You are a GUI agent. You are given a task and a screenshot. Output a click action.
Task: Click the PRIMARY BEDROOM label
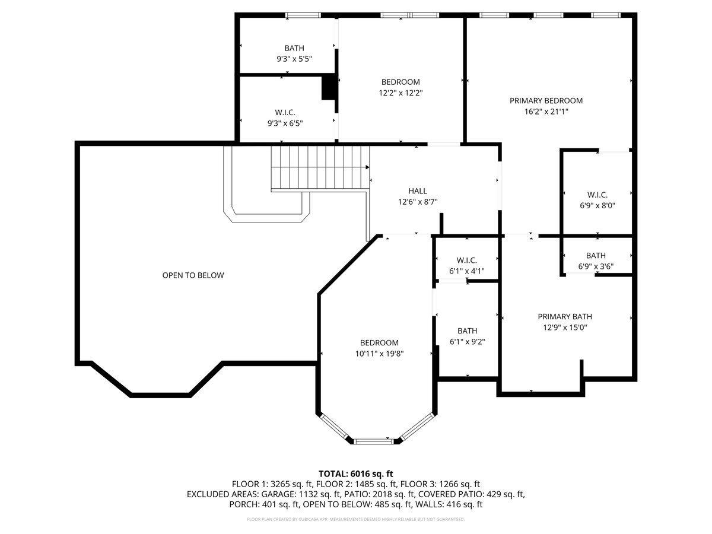(x=546, y=101)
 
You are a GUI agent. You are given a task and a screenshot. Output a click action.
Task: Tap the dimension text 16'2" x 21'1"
(x=546, y=112)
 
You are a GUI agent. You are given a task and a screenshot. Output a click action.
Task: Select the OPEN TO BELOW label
(x=193, y=275)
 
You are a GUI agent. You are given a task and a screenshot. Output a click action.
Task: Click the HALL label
(x=417, y=191)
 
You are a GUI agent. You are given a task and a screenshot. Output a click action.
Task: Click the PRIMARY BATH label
(x=565, y=317)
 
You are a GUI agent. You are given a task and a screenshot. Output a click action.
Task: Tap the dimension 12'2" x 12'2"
(x=401, y=93)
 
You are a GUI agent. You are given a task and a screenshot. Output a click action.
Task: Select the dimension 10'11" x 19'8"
(x=379, y=354)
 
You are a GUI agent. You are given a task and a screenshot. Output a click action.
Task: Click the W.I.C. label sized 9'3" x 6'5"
(x=285, y=112)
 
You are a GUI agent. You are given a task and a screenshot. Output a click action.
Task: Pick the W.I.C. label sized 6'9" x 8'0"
(x=597, y=195)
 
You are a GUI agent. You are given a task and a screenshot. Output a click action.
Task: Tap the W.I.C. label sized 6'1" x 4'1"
(x=467, y=260)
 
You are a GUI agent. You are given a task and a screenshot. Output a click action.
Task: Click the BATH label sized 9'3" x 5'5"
(x=294, y=48)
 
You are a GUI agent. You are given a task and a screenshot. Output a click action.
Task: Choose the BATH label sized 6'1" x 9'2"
(x=467, y=330)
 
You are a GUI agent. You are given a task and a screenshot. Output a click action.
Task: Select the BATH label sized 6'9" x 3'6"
(x=596, y=256)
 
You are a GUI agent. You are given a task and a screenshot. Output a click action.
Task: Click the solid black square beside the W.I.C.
(x=329, y=87)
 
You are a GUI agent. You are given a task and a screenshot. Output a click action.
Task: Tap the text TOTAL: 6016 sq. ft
(x=356, y=473)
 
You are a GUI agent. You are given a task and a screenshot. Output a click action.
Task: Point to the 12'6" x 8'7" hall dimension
(x=418, y=202)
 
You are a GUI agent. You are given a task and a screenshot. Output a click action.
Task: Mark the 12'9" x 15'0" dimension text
(x=565, y=327)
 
